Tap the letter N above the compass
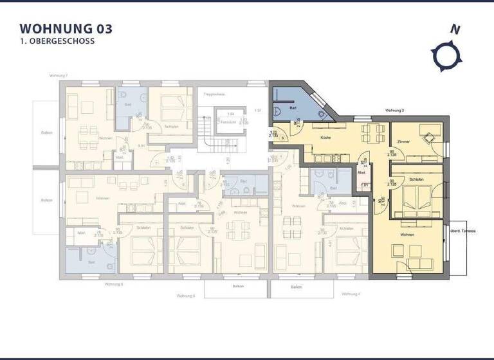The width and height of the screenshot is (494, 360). click(x=455, y=29)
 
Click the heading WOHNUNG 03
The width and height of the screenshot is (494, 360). click(x=66, y=28)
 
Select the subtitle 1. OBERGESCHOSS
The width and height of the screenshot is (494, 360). click(x=57, y=40)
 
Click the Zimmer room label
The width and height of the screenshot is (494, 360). click(x=404, y=141)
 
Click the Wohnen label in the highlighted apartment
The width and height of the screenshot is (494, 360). click(x=406, y=235)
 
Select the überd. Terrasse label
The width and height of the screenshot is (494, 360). click(x=462, y=231)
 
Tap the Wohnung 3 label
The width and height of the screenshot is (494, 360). click(x=394, y=111)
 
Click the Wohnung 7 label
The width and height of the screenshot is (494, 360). click(x=58, y=75)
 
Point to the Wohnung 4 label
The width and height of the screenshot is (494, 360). click(x=350, y=294)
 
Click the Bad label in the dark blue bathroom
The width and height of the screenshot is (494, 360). click(x=293, y=108)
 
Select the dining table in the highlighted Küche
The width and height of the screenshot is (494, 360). click(x=369, y=134)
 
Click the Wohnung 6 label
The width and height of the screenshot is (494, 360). click(x=113, y=283)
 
